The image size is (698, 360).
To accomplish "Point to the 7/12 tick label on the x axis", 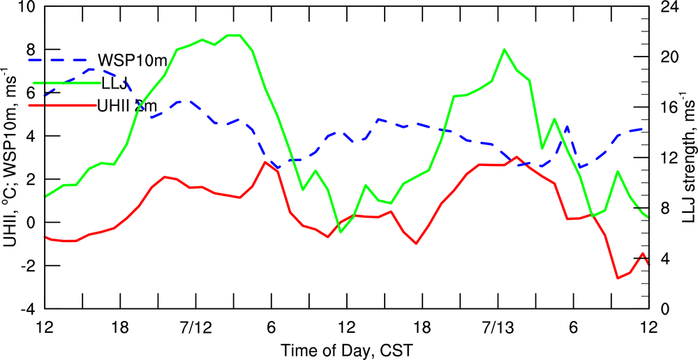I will coord(195,327).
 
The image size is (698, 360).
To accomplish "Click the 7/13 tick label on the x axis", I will coord(497,327).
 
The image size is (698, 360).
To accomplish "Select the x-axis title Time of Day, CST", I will coord(346,348).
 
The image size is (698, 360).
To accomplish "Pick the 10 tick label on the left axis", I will coord(27,7).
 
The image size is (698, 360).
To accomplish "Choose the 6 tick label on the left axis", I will coord(31,93).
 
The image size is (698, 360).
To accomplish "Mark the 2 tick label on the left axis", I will coord(31,180).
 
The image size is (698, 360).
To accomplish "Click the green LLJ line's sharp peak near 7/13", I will coord(504,50).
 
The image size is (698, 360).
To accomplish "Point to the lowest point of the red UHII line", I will coord(617,278).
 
